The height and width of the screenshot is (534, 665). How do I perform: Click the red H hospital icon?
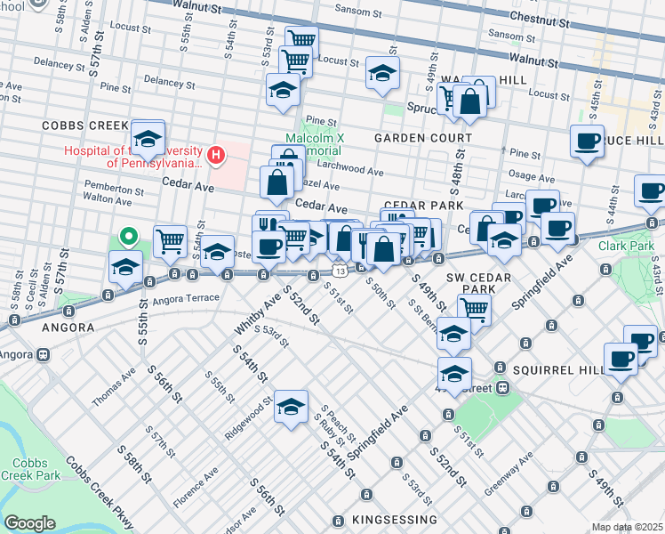[215, 156]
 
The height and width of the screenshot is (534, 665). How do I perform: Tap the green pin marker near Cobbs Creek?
[129, 237]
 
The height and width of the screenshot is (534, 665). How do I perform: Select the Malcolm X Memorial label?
[314, 146]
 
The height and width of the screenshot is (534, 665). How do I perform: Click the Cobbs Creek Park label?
[36, 469]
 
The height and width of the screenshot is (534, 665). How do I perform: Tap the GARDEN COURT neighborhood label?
[422, 138]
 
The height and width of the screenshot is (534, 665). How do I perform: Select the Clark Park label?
[625, 245]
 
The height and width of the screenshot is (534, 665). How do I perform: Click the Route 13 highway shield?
[340, 269]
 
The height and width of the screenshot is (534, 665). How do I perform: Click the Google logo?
[29, 522]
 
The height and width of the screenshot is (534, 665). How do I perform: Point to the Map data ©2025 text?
[627, 527]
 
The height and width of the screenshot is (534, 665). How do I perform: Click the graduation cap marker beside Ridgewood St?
[290, 407]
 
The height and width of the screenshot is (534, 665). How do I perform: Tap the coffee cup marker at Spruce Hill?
[587, 142]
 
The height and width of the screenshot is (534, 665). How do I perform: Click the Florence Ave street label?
[196, 488]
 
